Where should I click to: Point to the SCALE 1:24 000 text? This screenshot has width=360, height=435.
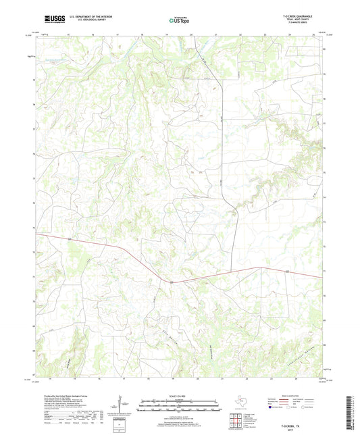pyautogui.click(x=179, y=395)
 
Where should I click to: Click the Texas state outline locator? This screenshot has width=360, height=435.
pyautogui.click(x=242, y=400)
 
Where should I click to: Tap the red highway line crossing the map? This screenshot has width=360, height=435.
pyautogui.click(x=101, y=248)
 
